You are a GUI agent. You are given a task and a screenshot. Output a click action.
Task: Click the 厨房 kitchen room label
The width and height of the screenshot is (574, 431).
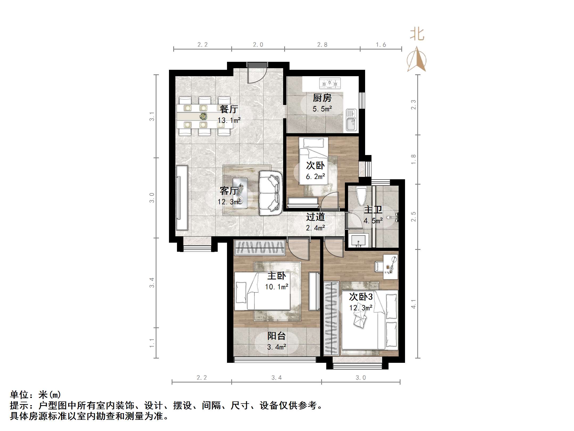(322, 98)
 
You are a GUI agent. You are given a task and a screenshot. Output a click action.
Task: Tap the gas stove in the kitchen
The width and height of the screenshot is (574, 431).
(330, 83)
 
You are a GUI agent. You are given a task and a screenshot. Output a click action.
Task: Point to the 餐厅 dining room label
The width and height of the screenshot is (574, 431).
(229, 109)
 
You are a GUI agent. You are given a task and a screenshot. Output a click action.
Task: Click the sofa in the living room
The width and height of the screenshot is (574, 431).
(270, 193)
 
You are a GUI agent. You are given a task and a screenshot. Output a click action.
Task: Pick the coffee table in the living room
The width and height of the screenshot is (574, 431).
(240, 193)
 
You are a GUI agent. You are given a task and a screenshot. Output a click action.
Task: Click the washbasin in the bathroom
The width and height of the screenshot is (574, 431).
(358, 241)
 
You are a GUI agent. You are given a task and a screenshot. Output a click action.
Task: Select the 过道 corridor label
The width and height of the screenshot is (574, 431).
(315, 217)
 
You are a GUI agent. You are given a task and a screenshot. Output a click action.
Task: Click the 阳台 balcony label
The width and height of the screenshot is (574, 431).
(276, 336)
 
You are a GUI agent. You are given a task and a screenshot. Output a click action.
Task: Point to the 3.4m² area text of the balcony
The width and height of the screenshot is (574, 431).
(276, 347)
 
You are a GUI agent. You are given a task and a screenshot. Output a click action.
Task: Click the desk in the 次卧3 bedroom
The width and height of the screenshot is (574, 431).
(390, 267)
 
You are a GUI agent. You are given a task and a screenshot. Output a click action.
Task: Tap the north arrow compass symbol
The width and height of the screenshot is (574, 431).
(416, 60)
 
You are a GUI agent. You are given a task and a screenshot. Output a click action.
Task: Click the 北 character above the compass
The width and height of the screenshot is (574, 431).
(417, 35)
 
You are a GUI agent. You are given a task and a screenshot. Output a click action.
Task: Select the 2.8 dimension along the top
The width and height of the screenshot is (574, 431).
(322, 45)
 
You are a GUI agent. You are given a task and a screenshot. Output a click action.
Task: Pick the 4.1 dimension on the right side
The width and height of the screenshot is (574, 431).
(413, 304)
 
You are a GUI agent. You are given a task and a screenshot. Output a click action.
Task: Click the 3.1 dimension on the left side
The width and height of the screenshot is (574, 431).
(152, 116)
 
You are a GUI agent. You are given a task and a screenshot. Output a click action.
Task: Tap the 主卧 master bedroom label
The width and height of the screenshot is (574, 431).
(276, 276)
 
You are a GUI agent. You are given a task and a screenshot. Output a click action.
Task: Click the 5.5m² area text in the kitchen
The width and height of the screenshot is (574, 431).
(322, 109)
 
